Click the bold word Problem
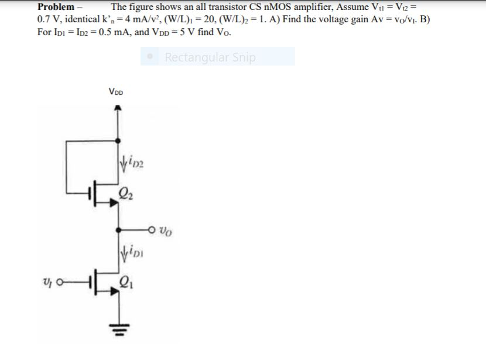pos(56,7)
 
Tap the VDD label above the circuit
pos(115,92)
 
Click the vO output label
pos(166,231)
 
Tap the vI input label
pos(46,282)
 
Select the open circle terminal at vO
pos(151,230)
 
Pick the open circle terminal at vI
pos(60,282)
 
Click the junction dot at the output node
pos(118,230)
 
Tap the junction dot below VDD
pos(118,141)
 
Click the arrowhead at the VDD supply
pos(118,108)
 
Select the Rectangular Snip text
pos(210,57)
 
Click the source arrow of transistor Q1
pos(114,292)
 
